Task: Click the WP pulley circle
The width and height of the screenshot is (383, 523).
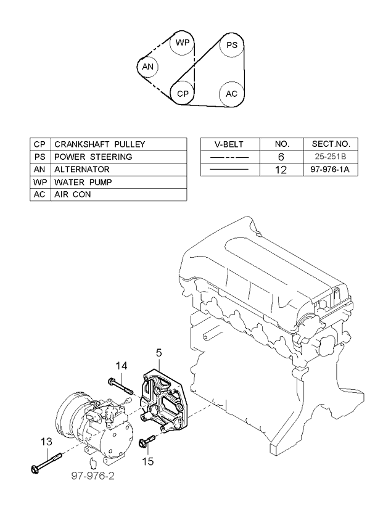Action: click(x=183, y=43)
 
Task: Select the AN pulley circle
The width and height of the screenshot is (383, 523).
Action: click(x=147, y=67)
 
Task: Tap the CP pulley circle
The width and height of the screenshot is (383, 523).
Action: click(x=183, y=94)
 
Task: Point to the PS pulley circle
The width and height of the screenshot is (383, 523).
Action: click(x=231, y=45)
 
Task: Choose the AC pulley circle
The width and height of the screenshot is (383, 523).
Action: click(x=231, y=94)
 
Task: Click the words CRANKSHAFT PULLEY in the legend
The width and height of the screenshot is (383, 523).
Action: click(x=99, y=144)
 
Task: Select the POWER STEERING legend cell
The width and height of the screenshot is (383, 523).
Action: click(x=93, y=157)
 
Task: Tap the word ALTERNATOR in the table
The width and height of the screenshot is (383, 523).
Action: click(x=82, y=170)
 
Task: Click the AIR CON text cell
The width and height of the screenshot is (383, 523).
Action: click(x=73, y=194)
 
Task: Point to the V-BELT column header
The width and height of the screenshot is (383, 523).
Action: click(x=229, y=144)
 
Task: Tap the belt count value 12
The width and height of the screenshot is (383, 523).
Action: click(x=281, y=170)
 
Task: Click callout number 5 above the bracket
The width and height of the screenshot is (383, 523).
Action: click(x=159, y=353)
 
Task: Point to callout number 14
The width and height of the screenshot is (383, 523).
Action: click(x=121, y=366)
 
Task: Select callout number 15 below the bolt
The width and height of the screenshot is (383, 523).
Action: click(x=148, y=461)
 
